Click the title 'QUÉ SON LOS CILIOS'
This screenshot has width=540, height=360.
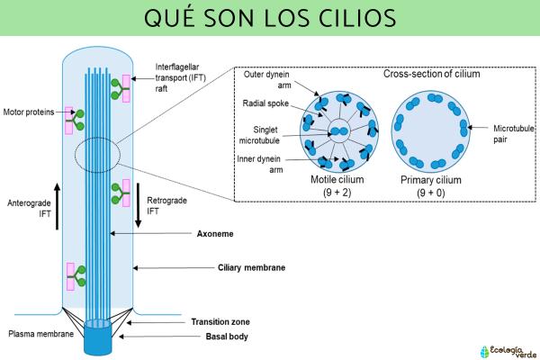click(270, 19)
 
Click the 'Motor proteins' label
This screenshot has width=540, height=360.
click(29, 112)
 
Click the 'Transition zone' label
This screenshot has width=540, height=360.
click(220, 321)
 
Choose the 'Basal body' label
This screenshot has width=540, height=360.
click(213, 337)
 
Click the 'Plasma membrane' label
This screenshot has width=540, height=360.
click(33, 333)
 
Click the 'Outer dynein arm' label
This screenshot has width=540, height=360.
click(266, 80)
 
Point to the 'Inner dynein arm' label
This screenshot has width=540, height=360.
click(267, 164)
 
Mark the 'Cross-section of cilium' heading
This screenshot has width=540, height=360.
click(431, 74)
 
